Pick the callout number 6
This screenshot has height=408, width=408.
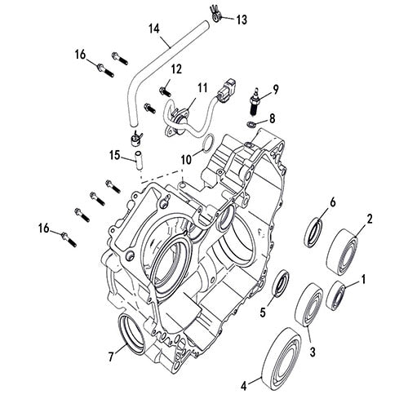(x=332, y=201)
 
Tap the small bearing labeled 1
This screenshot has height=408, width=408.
(x=338, y=293)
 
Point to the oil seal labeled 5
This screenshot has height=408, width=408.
(x=279, y=283)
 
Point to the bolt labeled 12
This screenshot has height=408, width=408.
(x=164, y=89)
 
